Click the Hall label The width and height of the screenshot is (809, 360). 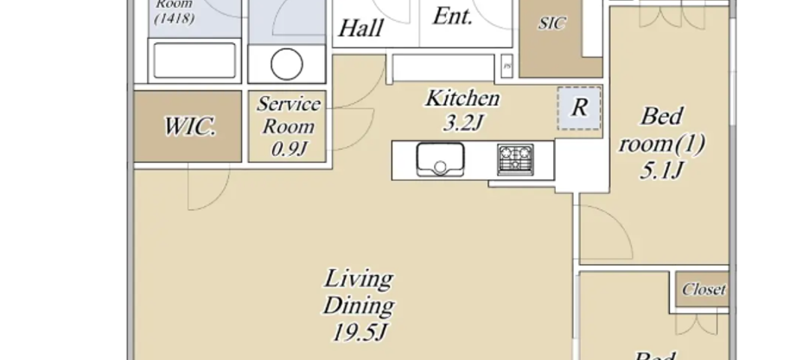click(x=360, y=28)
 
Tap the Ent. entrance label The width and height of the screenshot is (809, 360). click(x=453, y=17)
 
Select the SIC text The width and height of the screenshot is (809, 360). click(x=552, y=24)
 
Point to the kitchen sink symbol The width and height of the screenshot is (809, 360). click(x=440, y=159)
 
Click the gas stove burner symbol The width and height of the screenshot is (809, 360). click(x=516, y=159)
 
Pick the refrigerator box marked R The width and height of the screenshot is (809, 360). click(x=580, y=108)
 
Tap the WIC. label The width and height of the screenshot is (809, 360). click(x=188, y=126)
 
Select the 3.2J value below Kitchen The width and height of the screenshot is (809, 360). click(x=462, y=123)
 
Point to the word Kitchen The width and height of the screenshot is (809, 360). click(x=462, y=98)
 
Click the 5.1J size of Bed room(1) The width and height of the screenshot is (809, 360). click(x=663, y=170)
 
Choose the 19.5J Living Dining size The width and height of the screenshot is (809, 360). click(x=359, y=332)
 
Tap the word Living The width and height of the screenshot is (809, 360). click(x=359, y=280)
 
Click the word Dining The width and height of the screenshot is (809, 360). click(x=359, y=305)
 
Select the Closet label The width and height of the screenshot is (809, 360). click(x=704, y=290)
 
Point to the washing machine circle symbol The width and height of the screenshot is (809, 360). click(x=287, y=63)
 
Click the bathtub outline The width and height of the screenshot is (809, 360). click(x=194, y=61)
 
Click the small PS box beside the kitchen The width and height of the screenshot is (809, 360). click(x=508, y=65)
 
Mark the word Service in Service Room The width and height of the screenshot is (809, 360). click(x=290, y=105)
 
